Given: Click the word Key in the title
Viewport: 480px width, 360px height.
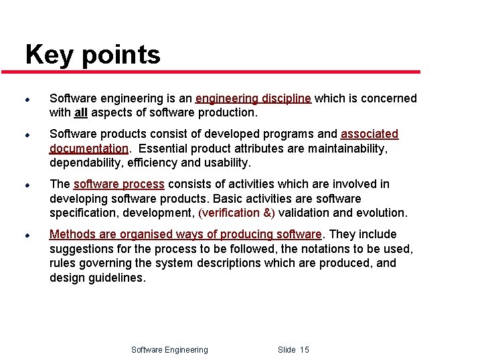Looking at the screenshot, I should coord(50,55).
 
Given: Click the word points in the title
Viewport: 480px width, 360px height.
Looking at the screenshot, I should coord(121,55).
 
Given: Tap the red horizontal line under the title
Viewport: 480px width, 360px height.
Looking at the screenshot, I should coord(221,72).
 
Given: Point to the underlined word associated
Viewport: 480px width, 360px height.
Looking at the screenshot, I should coord(370,134).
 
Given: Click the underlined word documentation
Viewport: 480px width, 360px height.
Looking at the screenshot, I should coord(88,148).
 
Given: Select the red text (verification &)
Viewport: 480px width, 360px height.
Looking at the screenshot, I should coord(237,213).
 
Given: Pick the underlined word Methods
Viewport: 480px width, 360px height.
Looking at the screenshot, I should coord(72,234).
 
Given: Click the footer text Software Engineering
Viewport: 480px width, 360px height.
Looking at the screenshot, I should coord(169,349).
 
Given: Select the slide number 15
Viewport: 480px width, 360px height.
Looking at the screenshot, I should coord(305,349).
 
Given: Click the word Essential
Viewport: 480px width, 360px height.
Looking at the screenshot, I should coord(163,148).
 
